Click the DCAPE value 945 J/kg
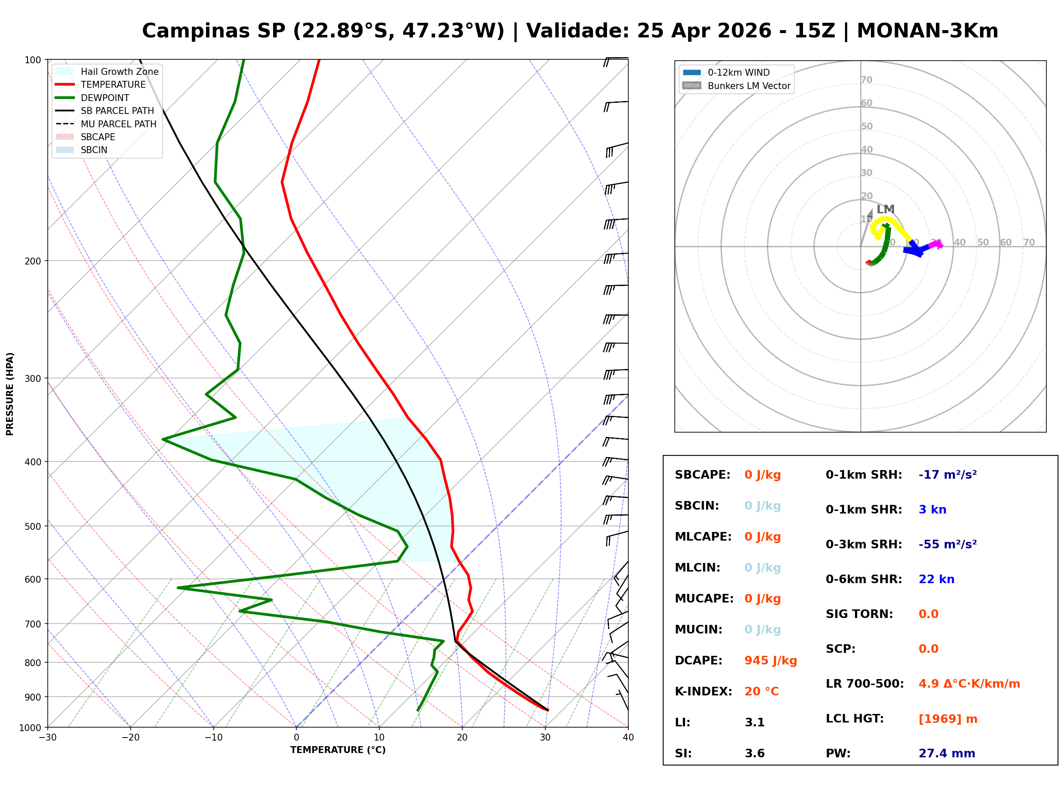770,660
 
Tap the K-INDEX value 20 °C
761,691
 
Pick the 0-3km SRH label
864,544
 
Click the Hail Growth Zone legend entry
119,71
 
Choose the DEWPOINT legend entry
105,98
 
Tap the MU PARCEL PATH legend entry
118,124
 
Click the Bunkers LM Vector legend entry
749,86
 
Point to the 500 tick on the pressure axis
33,526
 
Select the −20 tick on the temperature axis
130,738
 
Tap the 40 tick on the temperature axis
628,738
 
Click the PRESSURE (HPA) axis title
10,393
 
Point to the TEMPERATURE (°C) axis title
338,750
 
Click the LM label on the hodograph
885,209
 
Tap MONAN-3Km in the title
927,31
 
